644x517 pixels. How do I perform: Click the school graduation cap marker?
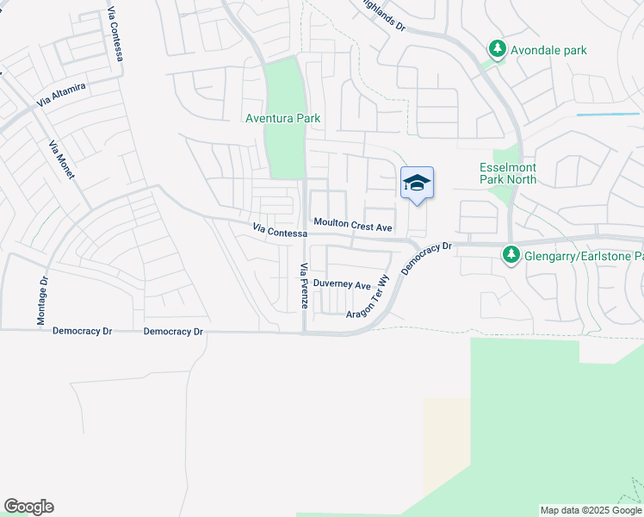pyautogui.click(x=417, y=184)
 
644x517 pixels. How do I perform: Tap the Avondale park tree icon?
pyautogui.click(x=496, y=50)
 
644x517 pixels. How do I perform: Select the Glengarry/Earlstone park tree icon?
pyautogui.click(x=511, y=255)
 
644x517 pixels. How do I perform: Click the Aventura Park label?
pyautogui.click(x=278, y=118)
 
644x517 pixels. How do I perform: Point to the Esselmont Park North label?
pyautogui.click(x=508, y=173)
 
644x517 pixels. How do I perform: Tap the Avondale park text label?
pyautogui.click(x=548, y=50)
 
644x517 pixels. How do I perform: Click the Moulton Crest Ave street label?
pyautogui.click(x=353, y=224)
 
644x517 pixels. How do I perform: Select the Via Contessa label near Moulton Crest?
pyautogui.click(x=280, y=230)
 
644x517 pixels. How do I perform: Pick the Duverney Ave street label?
pyautogui.click(x=342, y=284)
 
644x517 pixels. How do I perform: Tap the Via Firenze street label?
pyautogui.click(x=303, y=286)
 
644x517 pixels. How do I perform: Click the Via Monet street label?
pyautogui.click(x=62, y=159)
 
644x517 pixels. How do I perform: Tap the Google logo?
pyautogui.click(x=28, y=507)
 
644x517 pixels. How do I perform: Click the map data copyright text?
pyautogui.click(x=591, y=510)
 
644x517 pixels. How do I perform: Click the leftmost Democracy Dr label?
pyautogui.click(x=83, y=331)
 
